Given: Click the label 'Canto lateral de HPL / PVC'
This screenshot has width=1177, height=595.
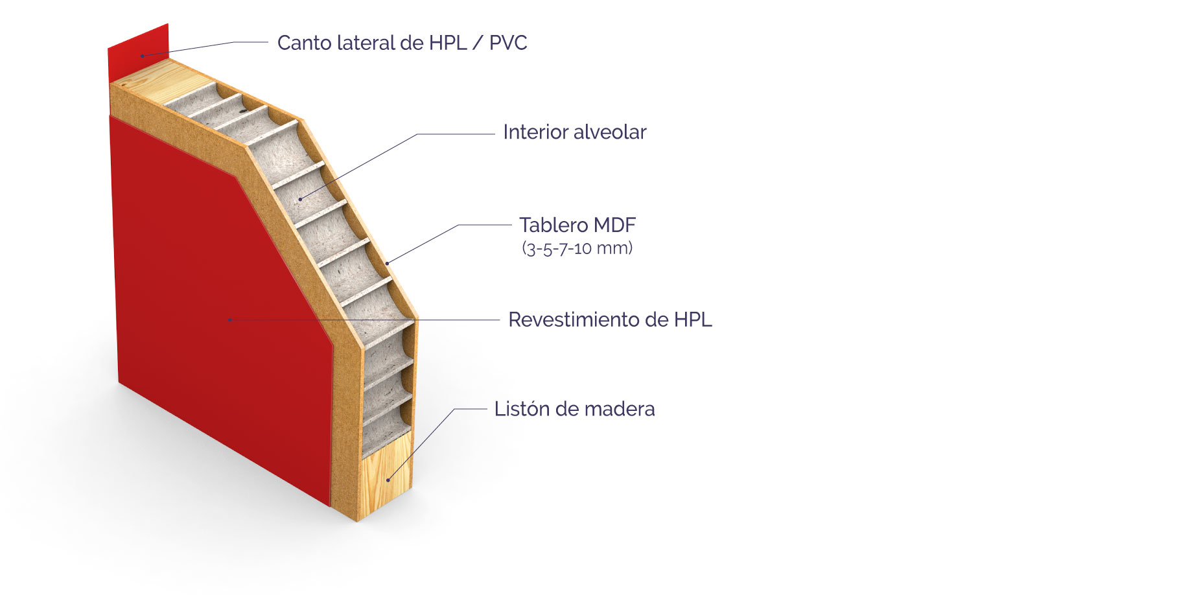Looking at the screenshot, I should (402, 43).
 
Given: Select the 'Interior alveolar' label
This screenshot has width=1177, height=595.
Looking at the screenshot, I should (574, 132).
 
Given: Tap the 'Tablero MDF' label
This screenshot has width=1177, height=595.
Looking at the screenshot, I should (577, 225).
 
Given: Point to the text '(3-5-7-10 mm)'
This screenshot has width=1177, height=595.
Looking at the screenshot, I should (577, 248).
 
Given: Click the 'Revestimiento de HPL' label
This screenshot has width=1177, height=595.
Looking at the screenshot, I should (610, 320).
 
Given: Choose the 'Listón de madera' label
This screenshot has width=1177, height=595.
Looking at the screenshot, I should (574, 409).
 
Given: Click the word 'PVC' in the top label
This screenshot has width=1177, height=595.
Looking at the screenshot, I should (508, 43).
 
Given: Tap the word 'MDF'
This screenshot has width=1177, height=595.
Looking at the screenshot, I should (614, 225).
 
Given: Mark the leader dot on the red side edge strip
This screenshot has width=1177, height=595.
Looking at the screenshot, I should (143, 56).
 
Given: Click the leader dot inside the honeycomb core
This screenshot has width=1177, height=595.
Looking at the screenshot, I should (300, 198).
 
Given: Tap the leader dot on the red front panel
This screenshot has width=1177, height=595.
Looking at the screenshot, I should (229, 320).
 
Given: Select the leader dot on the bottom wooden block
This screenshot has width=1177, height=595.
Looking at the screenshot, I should (388, 480).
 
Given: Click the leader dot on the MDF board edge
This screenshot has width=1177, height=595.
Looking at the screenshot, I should (387, 263).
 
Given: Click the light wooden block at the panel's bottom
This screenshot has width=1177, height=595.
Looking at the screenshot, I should (386, 476).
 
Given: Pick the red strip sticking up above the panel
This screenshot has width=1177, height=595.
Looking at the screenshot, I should (138, 52).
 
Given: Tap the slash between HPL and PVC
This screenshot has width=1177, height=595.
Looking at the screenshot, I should (478, 43).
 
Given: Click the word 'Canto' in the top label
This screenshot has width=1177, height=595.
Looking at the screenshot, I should (303, 43).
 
